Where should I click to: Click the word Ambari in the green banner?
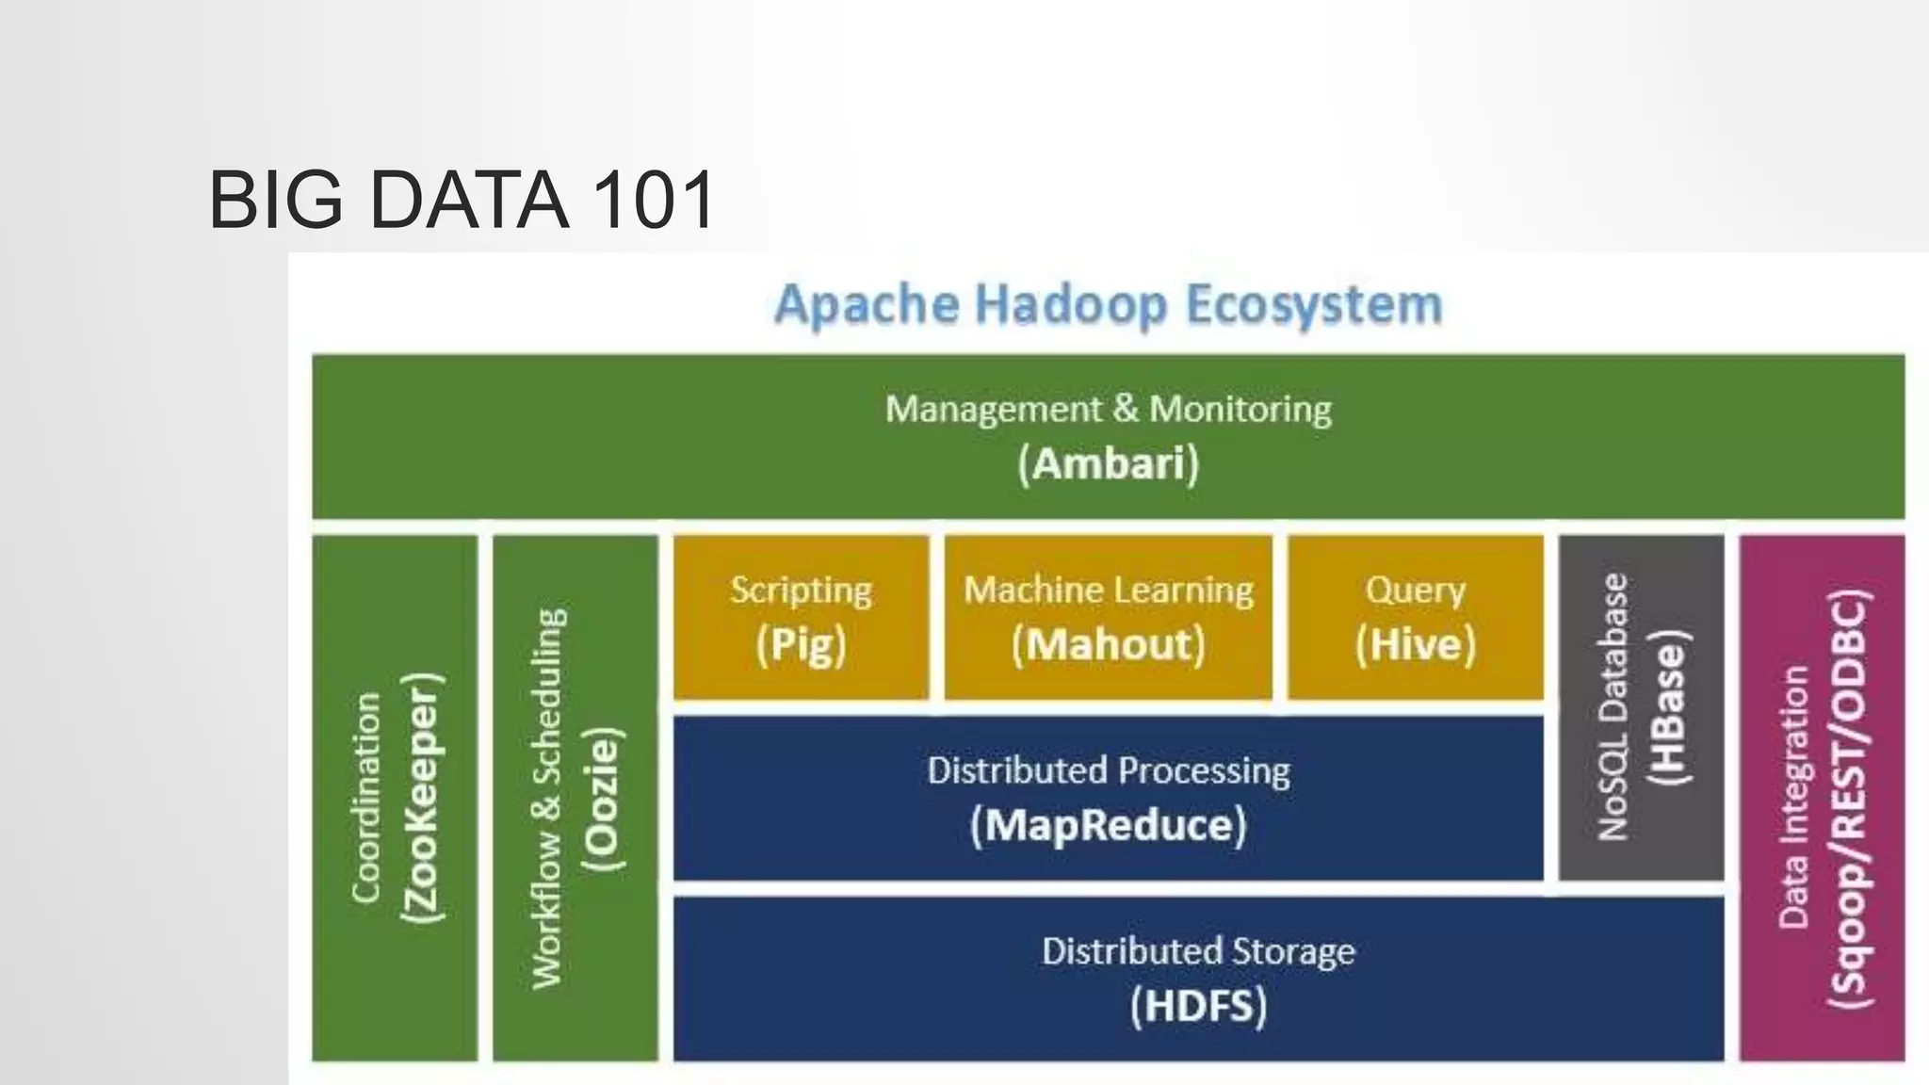coord(1109,464)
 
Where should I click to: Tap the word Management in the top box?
coord(993,410)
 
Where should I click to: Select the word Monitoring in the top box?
coord(1240,410)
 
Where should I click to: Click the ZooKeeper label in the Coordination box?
coord(420,798)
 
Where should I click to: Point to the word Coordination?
coord(366,798)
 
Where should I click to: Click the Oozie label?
coord(603,799)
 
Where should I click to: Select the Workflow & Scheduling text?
coord(549,799)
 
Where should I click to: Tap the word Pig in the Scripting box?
coord(801,645)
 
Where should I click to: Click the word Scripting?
coord(801,591)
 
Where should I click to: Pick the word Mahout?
coord(1109,645)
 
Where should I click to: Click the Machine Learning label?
coord(1109,591)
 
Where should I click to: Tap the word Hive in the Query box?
coord(1415,645)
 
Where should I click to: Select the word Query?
coord(1415,591)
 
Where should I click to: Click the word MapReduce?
coord(1109,826)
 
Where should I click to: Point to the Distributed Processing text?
coord(1109,771)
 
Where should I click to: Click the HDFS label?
coord(1198,1006)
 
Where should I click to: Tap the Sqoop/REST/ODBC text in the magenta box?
coord(1848,799)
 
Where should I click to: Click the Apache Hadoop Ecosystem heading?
coord(1109,305)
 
